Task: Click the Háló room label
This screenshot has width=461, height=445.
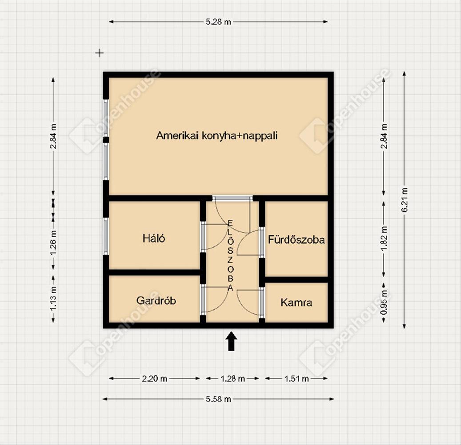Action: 154,238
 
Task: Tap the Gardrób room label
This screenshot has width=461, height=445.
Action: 156,300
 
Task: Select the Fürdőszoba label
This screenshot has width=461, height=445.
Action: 297,240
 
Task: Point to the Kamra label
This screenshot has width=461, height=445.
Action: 297,303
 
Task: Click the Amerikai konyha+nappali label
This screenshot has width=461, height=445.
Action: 216,135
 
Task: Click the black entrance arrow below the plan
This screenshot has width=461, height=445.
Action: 231,342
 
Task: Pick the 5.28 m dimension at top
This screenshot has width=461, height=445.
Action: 218,22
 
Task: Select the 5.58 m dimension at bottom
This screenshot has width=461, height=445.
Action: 218,399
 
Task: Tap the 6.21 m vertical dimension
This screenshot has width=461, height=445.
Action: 405,200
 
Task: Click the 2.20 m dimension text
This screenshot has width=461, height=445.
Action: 155,379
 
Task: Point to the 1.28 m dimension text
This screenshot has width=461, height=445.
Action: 233,379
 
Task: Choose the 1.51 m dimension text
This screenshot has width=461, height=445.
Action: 297,379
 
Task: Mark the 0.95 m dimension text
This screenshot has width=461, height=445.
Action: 385,303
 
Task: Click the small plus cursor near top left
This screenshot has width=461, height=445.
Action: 100,53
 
